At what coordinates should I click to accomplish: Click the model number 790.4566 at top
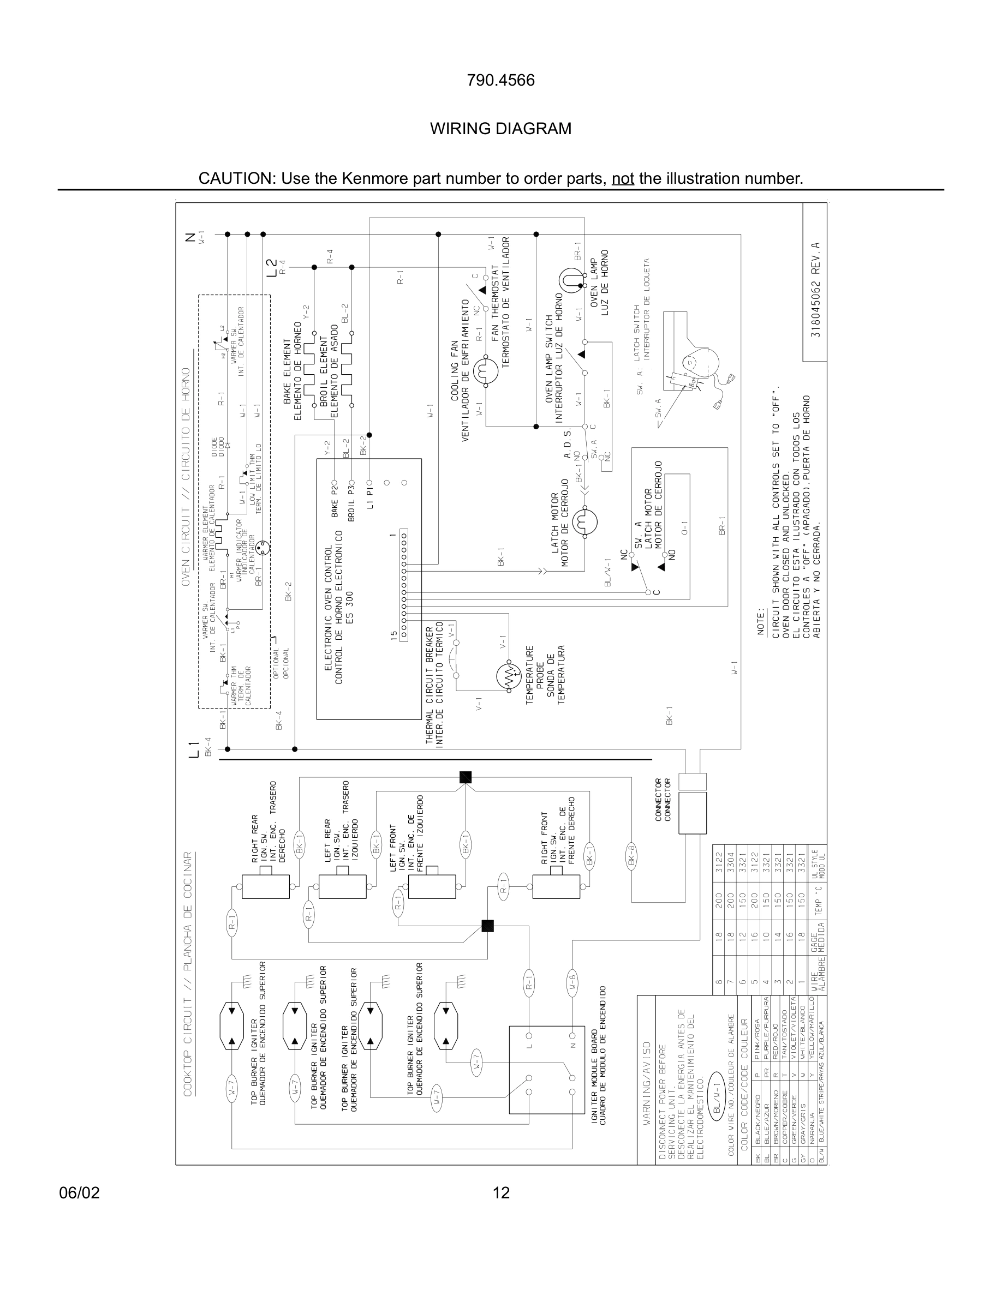(x=500, y=80)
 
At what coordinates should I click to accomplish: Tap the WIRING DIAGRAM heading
(x=500, y=129)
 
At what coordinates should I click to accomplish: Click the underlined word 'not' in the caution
(x=623, y=178)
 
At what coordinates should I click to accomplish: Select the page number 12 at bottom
(x=501, y=1193)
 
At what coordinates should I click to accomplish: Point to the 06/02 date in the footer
(x=80, y=1193)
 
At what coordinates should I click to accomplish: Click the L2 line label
(x=271, y=267)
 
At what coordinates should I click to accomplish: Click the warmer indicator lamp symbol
(x=263, y=547)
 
